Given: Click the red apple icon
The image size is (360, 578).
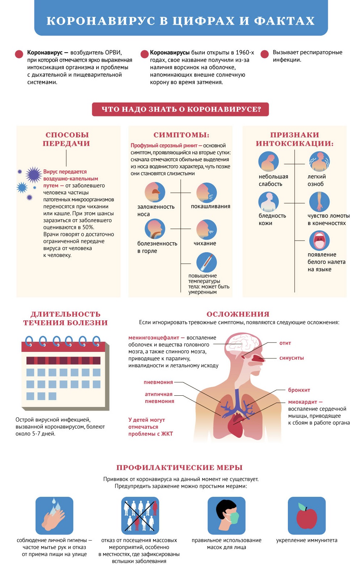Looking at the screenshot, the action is click(307, 516).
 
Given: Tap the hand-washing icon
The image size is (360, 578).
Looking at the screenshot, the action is click(54, 516).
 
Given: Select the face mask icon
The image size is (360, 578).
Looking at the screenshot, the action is click(226, 516).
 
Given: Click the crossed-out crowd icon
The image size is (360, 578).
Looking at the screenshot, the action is click(140, 516).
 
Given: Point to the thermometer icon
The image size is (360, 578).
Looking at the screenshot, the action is click(206, 263).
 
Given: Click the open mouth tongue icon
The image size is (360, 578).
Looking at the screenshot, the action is click(319, 241).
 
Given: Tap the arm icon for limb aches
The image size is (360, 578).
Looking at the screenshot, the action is click(319, 201).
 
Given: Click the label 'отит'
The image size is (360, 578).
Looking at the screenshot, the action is click(285, 343).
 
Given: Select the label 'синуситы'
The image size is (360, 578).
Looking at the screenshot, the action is click(291, 358).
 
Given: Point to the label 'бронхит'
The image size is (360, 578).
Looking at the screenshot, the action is click(299, 390).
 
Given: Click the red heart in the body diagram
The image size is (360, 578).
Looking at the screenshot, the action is click(236, 424).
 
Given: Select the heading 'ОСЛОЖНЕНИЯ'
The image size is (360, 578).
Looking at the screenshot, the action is click(238, 314).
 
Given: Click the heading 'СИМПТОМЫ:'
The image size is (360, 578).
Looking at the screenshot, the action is click(181, 135).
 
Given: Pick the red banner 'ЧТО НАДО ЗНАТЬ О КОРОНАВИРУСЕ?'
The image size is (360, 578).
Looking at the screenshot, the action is click(181, 109).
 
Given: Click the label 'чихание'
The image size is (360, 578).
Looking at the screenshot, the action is click(205, 243).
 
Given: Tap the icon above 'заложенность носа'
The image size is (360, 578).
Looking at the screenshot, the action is click(155, 192).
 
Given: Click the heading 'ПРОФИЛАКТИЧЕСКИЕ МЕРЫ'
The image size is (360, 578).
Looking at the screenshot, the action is click(179, 467).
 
